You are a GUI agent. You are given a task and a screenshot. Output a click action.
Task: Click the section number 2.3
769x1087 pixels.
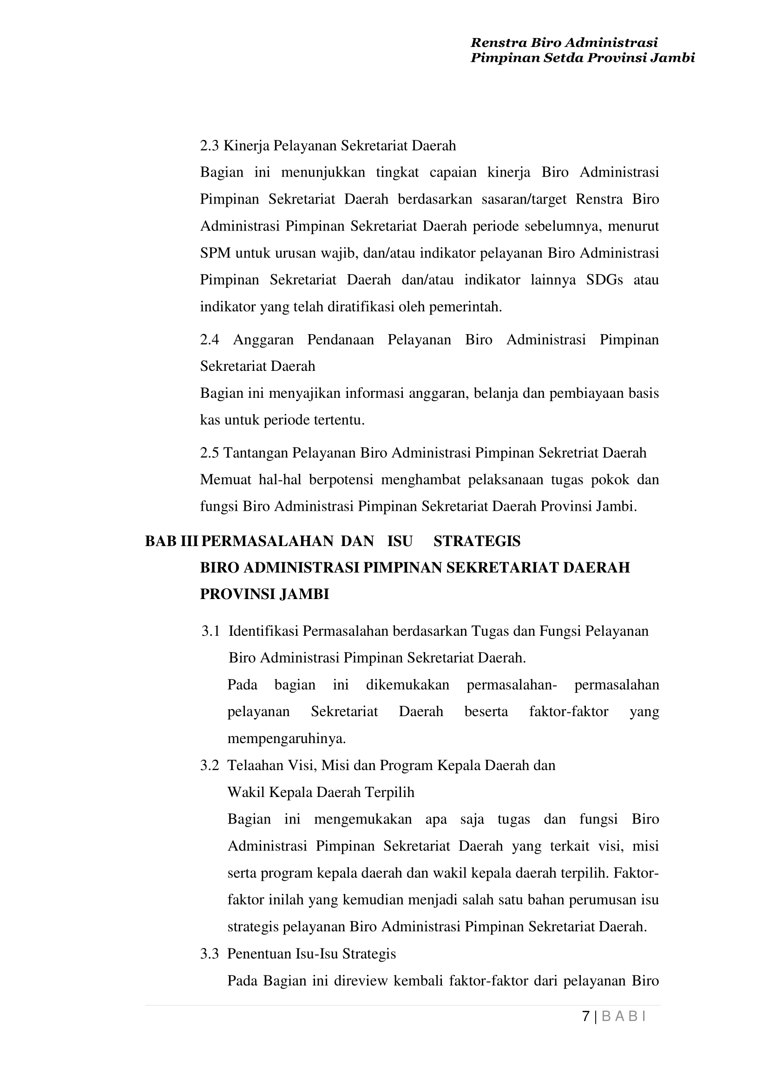209,146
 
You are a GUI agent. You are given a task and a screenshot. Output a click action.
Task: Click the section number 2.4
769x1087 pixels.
209,340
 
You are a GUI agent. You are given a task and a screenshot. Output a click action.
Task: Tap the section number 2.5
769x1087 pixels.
209,453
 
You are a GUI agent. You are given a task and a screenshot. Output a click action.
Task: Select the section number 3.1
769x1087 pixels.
210,632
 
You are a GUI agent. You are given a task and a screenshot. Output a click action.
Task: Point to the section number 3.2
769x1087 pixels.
209,766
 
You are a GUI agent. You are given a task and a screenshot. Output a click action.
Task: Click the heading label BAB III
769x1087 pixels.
171,541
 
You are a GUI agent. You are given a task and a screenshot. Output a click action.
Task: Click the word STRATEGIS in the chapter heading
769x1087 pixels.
477,541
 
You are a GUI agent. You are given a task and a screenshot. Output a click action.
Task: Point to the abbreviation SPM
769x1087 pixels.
216,253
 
